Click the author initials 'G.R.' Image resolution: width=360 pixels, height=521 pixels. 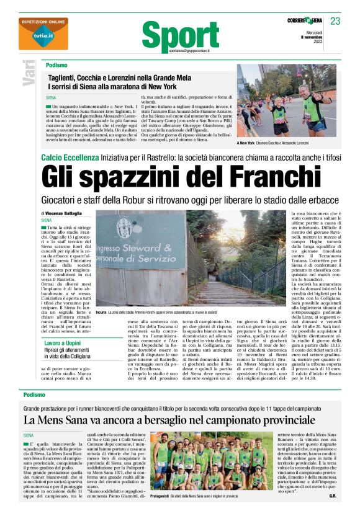(332, 513)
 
